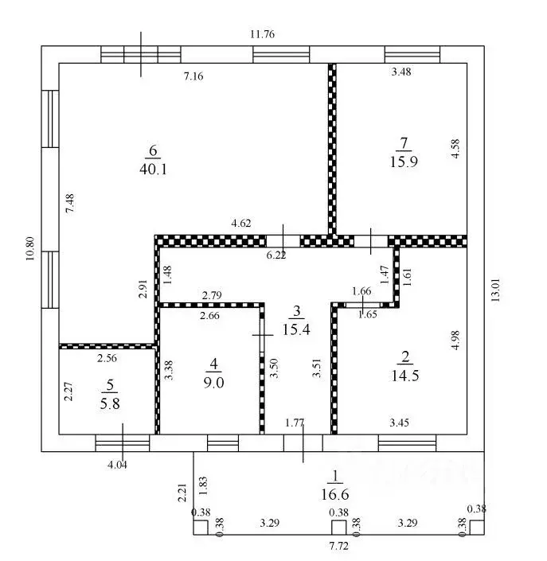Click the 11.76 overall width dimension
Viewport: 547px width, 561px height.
coord(263,34)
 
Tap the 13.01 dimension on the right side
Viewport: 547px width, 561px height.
coord(495,290)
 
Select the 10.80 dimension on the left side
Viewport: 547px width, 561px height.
coord(30,248)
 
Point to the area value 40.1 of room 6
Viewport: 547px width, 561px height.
coord(153,169)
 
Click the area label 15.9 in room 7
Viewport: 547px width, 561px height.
coord(404,162)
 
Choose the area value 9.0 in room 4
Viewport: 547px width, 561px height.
coord(213,383)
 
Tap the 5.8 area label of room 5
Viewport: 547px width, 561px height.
coord(110,404)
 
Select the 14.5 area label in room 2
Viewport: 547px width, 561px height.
coord(405,376)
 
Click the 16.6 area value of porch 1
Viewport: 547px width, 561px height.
coord(335,494)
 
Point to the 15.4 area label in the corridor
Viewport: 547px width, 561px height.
coord(296,329)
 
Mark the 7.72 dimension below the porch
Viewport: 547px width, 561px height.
coord(338,546)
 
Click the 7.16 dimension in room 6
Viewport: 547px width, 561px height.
coord(193,76)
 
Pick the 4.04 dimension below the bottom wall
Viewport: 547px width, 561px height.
coord(117,466)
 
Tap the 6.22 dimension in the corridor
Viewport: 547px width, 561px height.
coord(276,255)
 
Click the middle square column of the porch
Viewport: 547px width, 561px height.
coord(338,528)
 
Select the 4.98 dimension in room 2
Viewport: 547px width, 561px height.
coord(455,341)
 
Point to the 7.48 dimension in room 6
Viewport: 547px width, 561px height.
coord(70,203)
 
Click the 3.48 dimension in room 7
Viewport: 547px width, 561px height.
coord(401,72)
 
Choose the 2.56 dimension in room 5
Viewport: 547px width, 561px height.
coord(107,358)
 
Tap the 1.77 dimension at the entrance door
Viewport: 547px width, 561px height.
coord(295,423)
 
